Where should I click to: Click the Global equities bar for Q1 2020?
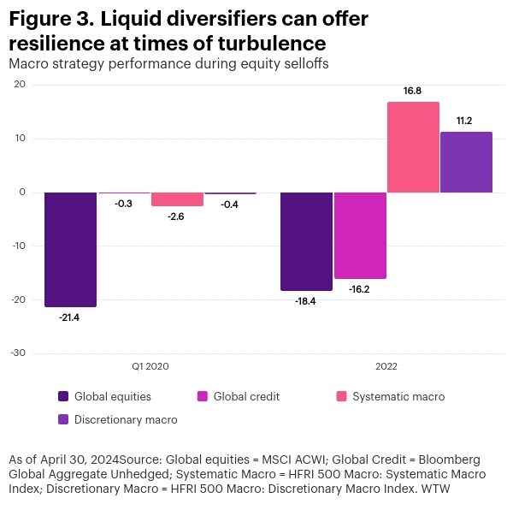(x=70, y=249)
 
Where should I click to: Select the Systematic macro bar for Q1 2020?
(x=177, y=199)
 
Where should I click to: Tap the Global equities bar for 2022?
(x=306, y=241)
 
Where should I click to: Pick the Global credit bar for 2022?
(x=360, y=235)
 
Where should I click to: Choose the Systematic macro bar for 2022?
(x=413, y=147)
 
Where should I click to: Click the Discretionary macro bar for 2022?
(x=466, y=163)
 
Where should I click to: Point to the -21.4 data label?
(x=70, y=317)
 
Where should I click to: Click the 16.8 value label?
(x=413, y=92)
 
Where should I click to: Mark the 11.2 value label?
(x=466, y=122)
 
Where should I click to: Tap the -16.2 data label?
(x=360, y=289)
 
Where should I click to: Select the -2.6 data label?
(x=177, y=216)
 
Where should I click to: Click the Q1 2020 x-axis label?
(x=150, y=366)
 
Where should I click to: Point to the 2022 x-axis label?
(x=386, y=366)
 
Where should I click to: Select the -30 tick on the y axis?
(x=19, y=353)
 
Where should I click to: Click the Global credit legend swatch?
(x=203, y=396)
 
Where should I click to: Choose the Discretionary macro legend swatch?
(x=63, y=419)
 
